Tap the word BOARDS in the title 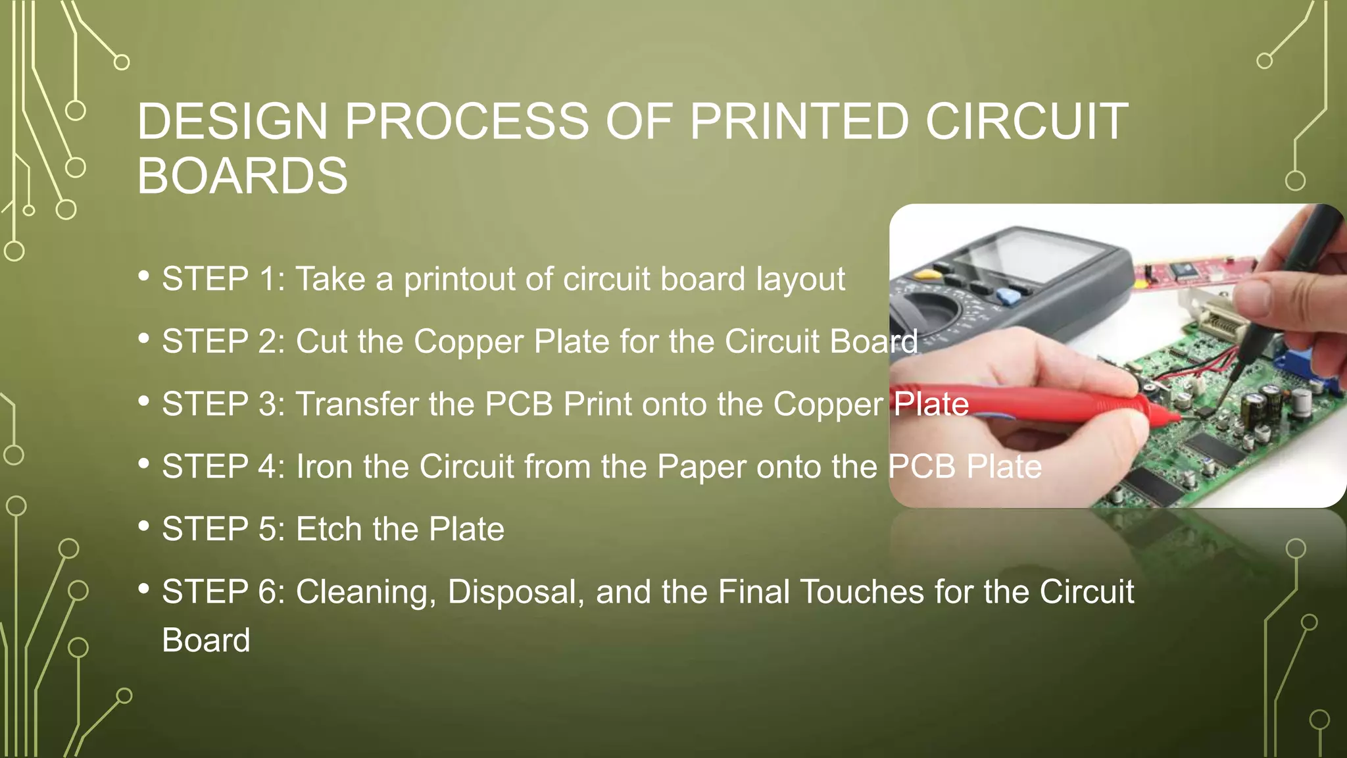[x=242, y=176]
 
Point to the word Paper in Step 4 [x=701, y=467]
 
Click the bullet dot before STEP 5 [x=143, y=526]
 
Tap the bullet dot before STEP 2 [x=143, y=338]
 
